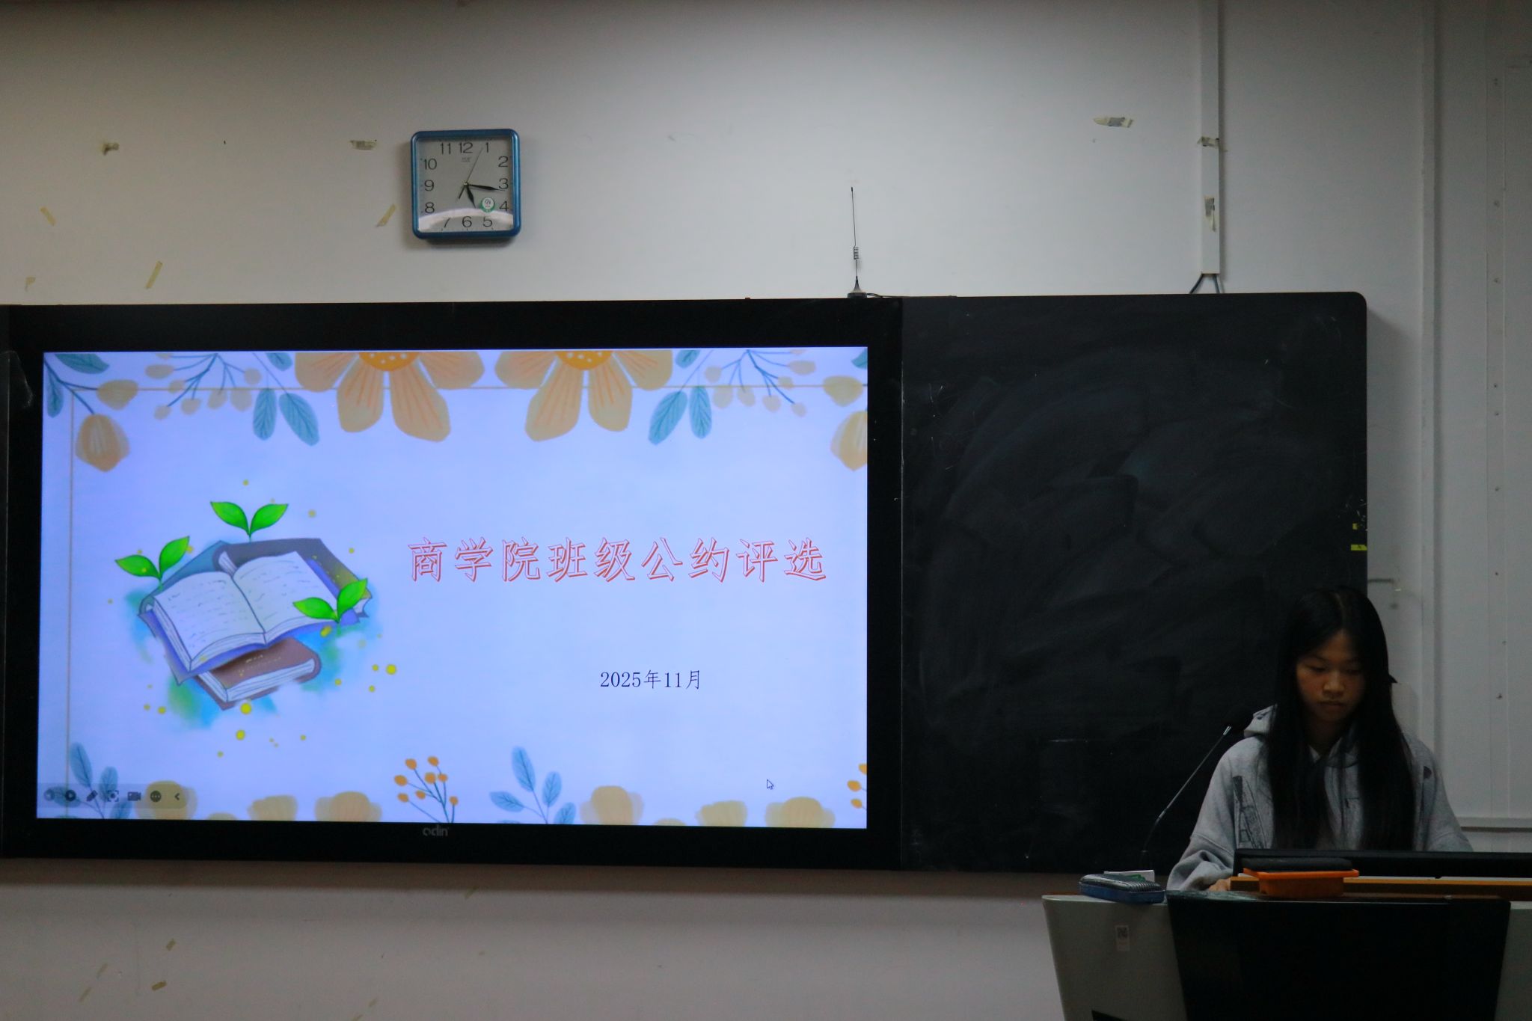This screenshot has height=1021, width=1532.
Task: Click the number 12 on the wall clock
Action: [x=465, y=147]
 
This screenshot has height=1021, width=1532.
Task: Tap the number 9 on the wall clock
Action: [x=429, y=185]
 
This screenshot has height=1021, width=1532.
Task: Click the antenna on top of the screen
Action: [x=854, y=239]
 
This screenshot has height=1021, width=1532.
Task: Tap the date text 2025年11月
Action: [x=650, y=679]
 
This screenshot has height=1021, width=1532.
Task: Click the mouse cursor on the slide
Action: [x=770, y=784]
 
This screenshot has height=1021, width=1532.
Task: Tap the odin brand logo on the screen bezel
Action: [x=435, y=832]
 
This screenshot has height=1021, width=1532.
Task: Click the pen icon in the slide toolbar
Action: [x=92, y=796]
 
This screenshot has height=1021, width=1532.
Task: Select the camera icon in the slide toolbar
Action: [x=134, y=796]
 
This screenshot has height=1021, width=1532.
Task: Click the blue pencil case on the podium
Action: [x=1121, y=887]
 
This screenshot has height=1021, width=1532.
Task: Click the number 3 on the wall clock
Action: [x=503, y=183]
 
